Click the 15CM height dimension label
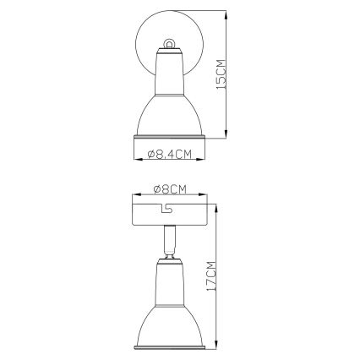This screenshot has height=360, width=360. pos(221,74)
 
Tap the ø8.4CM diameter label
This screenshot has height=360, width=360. pos(169,154)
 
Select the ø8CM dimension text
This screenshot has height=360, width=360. pos(170,189)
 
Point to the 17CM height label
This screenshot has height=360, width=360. pos(211,276)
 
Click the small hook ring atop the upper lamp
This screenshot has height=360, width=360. pos(168,45)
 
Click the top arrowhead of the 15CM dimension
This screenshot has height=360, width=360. pos(226,15)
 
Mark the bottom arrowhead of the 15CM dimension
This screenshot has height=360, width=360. pos(226,134)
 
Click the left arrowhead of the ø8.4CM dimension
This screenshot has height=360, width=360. pos(138,160)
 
